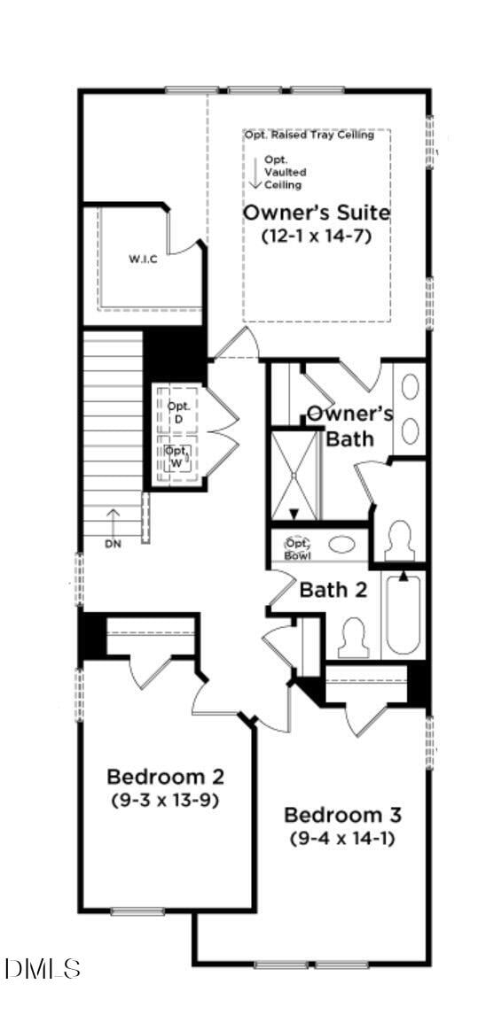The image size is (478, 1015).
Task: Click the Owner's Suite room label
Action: pos(317,213)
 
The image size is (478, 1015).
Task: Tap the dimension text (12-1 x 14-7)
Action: pos(316,236)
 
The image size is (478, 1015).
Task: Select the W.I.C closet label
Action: pos(143,260)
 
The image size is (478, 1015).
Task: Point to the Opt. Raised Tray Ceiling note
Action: pos(316,136)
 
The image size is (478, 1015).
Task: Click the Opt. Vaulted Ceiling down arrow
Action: pos(255,173)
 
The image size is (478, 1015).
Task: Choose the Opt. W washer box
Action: pos(177,455)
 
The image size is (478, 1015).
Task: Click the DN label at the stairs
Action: pos(113,544)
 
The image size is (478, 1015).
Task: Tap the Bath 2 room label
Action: pos(333,590)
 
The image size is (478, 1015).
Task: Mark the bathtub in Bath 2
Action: pos(404,614)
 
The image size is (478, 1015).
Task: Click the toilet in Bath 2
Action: pos(354,636)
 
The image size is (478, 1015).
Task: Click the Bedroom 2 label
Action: pos(165,777)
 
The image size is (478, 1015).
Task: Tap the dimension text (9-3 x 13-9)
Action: pos(165,800)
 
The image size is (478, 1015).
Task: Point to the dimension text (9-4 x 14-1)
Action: pos(342,838)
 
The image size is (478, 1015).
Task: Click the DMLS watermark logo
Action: pos(43,969)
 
